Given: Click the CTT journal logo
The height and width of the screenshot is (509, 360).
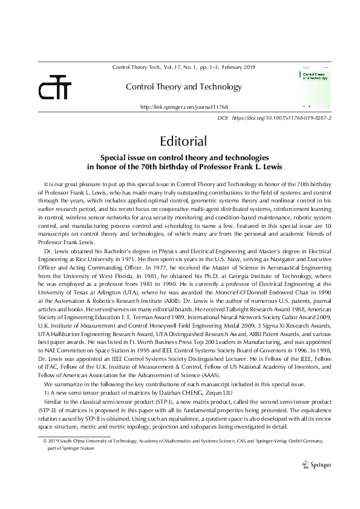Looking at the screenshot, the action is tap(55, 88).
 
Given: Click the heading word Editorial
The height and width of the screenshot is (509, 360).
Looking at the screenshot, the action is tap(183, 141).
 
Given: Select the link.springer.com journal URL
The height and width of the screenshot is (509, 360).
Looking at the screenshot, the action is tap(184, 106).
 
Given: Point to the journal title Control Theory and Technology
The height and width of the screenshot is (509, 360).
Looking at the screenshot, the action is tap(183, 87).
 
